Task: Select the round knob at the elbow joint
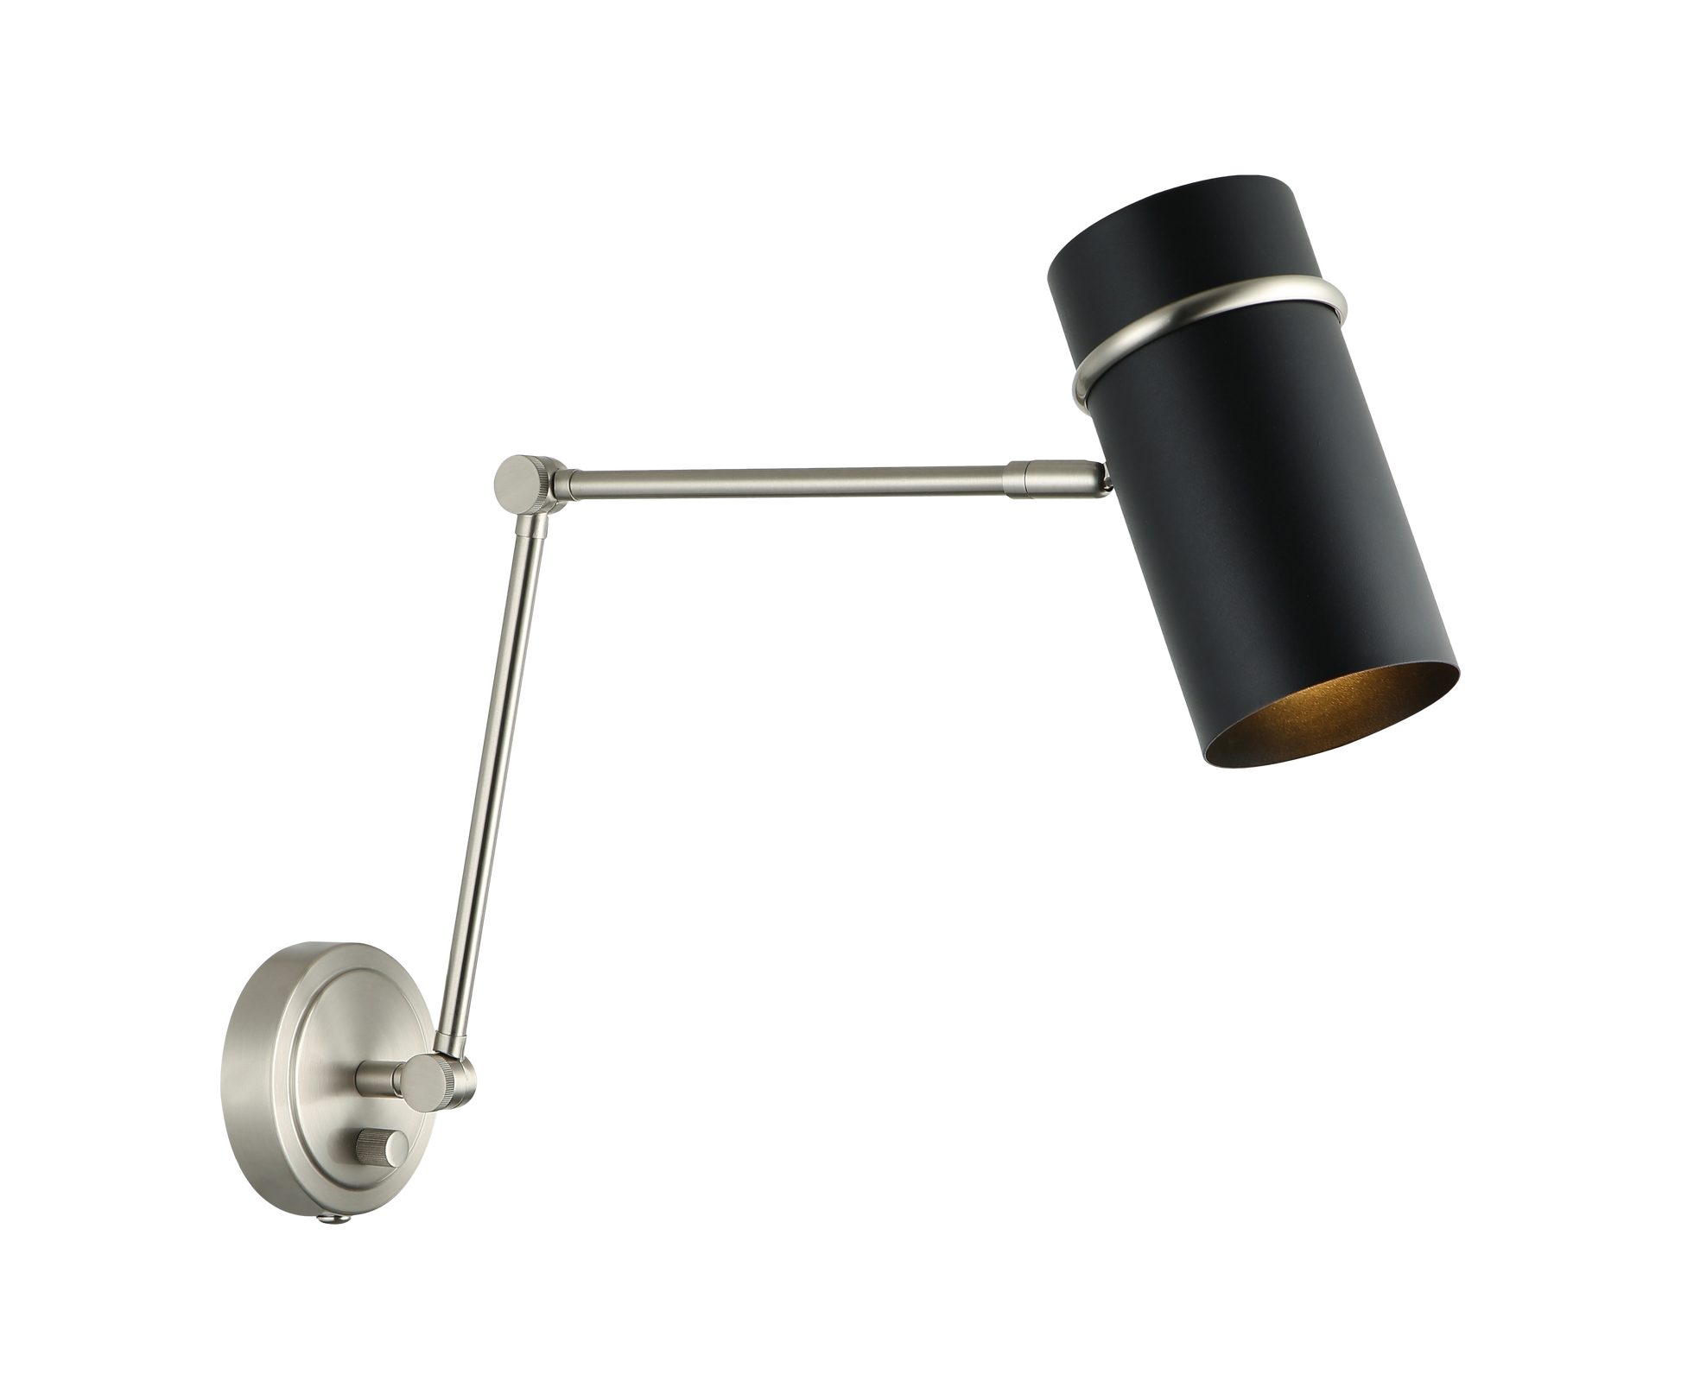tap(516, 477)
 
